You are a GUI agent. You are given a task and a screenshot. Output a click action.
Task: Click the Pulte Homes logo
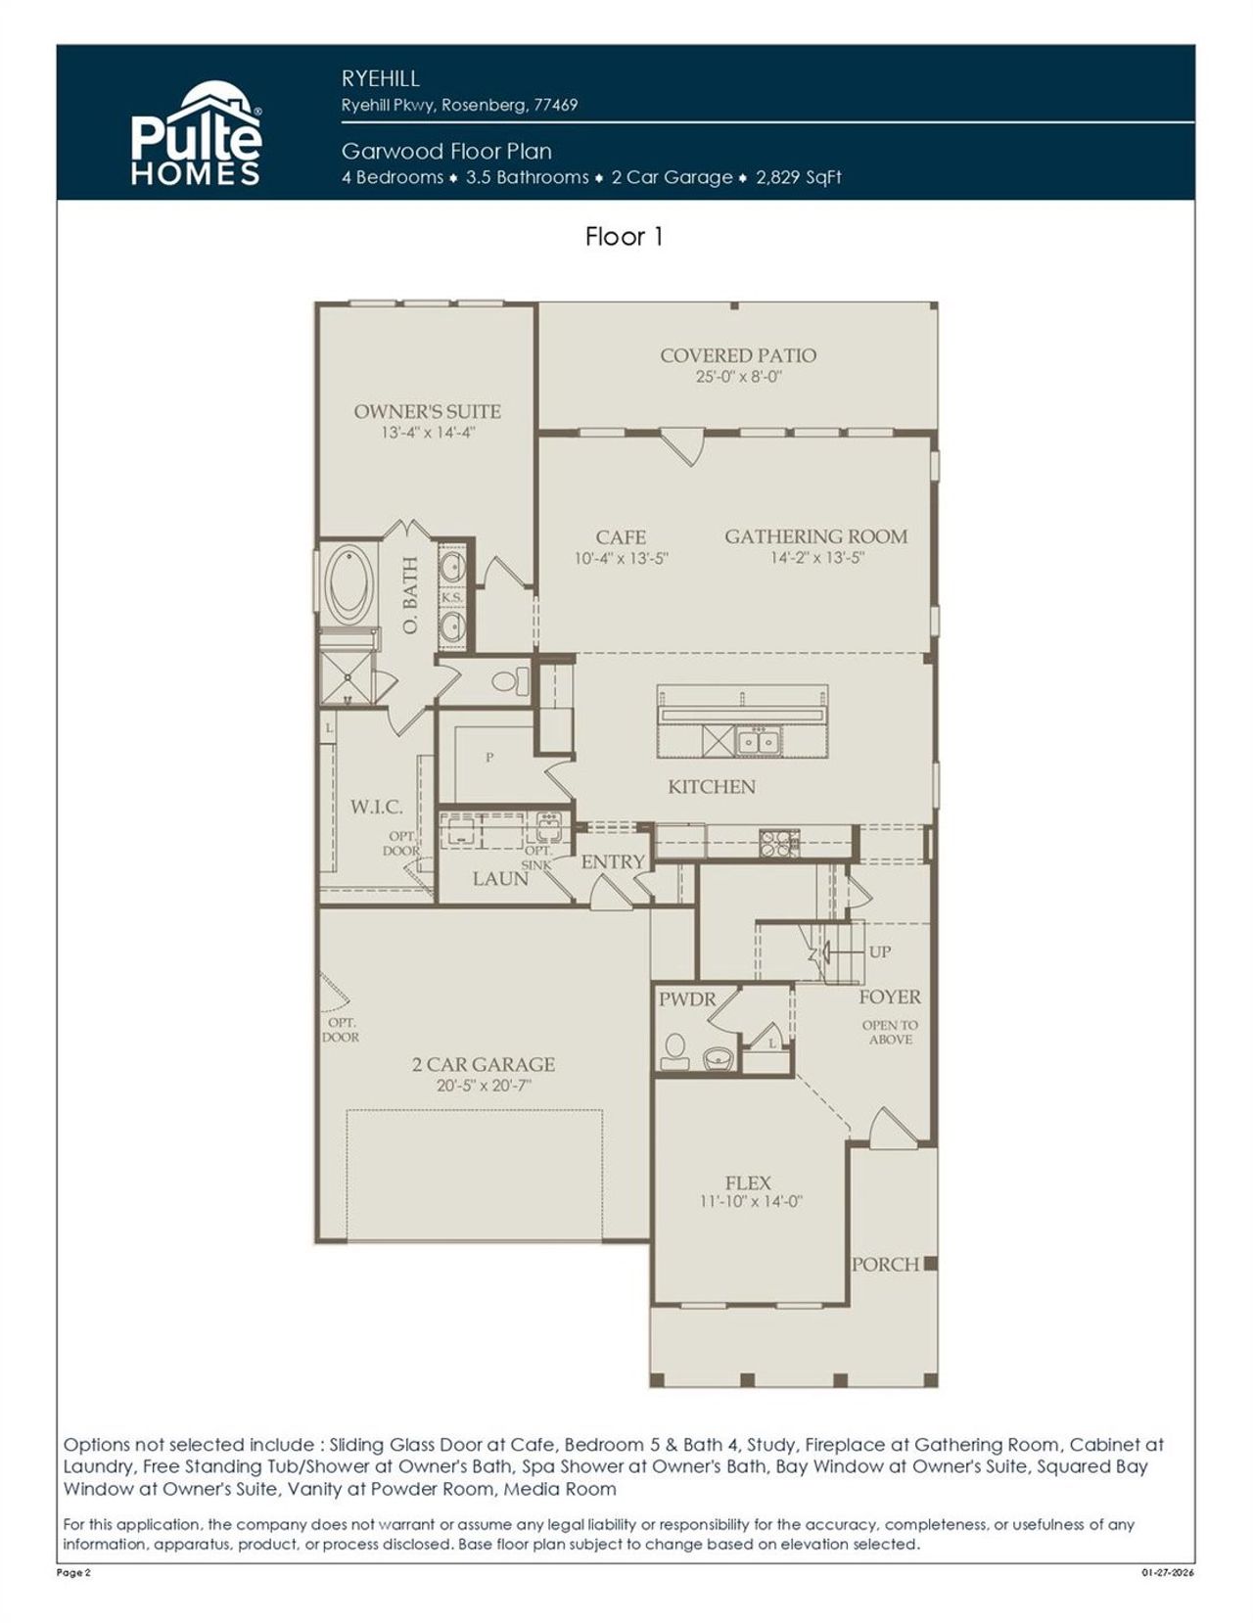(x=196, y=134)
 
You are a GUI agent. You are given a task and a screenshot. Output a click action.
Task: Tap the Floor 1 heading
(x=625, y=237)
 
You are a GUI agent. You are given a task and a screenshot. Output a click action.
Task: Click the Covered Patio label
(x=738, y=355)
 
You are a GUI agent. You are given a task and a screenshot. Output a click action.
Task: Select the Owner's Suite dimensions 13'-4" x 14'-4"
(x=428, y=433)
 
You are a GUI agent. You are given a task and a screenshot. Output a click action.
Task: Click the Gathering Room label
(x=815, y=536)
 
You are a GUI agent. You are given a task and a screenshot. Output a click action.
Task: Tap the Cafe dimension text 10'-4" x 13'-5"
(x=621, y=559)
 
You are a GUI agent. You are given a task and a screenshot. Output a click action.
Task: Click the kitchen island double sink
(x=758, y=742)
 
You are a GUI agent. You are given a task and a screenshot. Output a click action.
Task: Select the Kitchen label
(x=712, y=787)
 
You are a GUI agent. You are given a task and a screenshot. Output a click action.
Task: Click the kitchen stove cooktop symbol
(x=779, y=840)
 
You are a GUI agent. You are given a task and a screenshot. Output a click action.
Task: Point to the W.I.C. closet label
(x=376, y=807)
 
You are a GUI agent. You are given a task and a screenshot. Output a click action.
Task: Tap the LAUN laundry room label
(x=500, y=878)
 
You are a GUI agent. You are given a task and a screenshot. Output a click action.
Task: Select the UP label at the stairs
(x=879, y=951)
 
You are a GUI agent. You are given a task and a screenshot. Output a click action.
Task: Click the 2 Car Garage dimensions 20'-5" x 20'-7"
(x=484, y=1086)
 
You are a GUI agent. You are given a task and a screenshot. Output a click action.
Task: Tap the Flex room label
(x=748, y=1182)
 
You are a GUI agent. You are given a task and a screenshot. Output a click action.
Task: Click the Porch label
(x=885, y=1264)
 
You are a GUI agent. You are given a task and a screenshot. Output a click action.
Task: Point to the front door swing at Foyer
(x=889, y=1128)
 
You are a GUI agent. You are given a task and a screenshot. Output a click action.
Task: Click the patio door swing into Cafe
(x=682, y=447)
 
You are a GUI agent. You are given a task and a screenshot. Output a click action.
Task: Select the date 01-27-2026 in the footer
(x=1168, y=1572)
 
